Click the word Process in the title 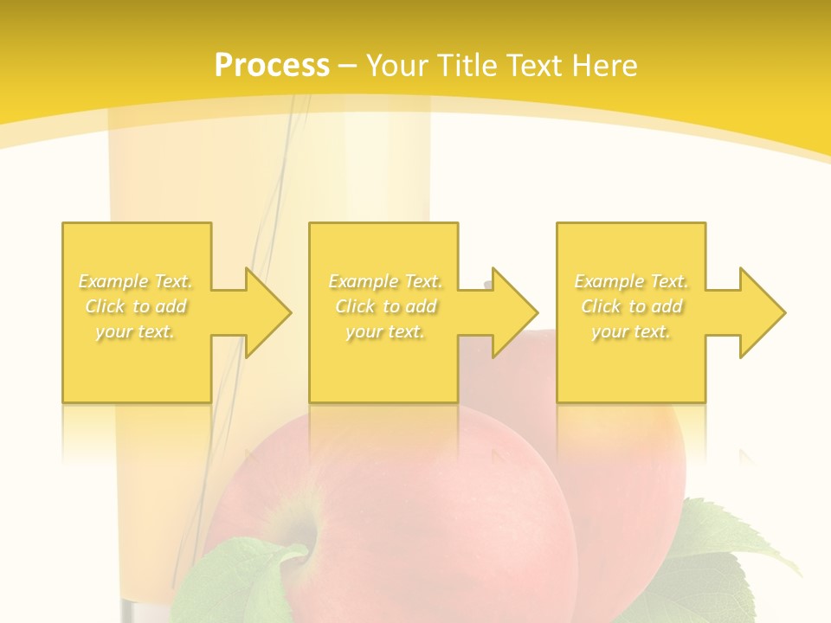point(272,66)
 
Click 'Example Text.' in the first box point(135,281)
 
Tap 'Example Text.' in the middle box point(385,281)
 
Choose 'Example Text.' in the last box point(631,281)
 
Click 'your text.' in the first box point(135,331)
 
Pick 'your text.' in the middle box point(385,331)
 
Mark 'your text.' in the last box point(631,331)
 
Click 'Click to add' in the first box point(136,306)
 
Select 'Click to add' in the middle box point(386,306)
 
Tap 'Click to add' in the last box point(632,306)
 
